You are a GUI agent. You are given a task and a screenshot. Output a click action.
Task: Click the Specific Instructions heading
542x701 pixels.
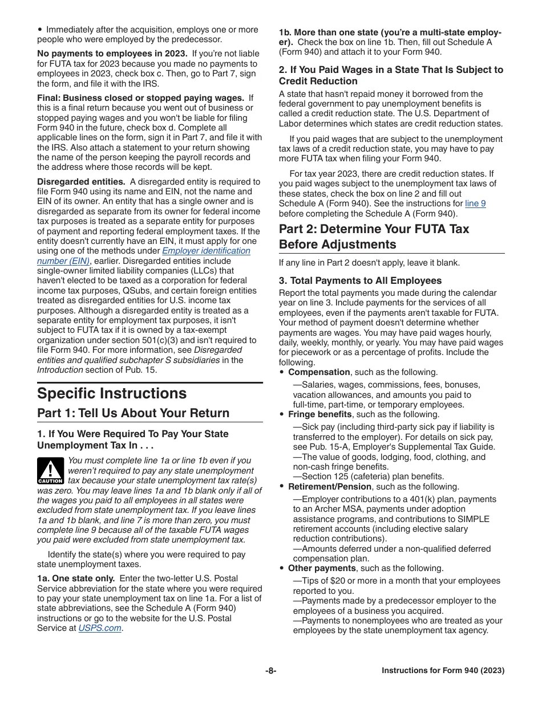(112, 394)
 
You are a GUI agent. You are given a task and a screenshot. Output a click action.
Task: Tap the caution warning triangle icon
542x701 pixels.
(51, 470)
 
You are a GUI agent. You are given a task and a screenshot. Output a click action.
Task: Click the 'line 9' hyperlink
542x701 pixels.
(475, 203)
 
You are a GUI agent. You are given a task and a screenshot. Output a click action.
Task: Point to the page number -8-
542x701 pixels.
(270, 671)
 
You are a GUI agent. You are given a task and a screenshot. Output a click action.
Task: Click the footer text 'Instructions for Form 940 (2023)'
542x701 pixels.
(443, 671)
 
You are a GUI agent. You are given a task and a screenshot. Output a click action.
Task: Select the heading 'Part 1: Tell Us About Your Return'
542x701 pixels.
(133, 413)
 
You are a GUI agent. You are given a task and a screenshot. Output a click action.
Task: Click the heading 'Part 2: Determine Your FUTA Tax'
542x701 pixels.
(374, 229)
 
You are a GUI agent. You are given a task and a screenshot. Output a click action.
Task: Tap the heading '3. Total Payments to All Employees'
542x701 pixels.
(360, 280)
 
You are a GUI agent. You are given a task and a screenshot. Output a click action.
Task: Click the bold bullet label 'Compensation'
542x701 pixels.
(319, 372)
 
